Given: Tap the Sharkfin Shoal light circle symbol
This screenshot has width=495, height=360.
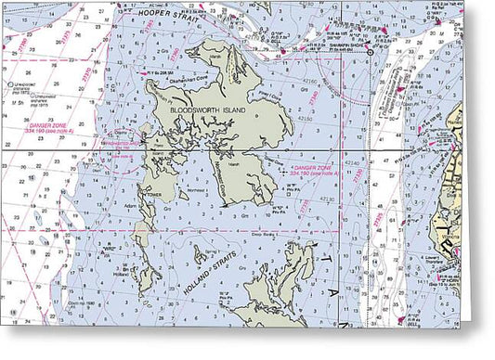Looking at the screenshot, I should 370,53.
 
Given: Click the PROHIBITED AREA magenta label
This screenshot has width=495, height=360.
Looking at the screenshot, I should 124,146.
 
